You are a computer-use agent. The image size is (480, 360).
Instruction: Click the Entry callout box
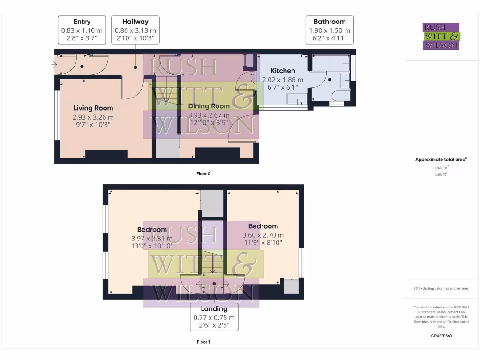click(82, 30)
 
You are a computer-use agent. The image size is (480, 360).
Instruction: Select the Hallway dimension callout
click(135, 30)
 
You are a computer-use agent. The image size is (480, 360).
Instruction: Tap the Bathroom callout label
click(330, 30)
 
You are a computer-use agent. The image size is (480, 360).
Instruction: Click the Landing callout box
click(214, 317)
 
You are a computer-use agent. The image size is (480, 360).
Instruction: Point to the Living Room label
click(93, 108)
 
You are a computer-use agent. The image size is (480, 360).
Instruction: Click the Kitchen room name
click(283, 71)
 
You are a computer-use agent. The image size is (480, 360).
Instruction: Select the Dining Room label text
click(209, 106)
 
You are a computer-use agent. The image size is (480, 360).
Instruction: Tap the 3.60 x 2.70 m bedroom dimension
click(263, 235)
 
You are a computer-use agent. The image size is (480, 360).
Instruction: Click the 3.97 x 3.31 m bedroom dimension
click(152, 239)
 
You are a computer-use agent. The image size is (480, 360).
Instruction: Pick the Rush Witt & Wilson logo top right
click(441, 37)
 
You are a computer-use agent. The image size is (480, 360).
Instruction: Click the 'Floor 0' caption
click(203, 173)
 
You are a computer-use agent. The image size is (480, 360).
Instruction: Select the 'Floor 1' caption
click(203, 342)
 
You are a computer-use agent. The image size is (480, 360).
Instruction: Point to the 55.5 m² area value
click(441, 167)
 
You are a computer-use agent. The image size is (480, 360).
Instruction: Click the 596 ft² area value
click(441, 174)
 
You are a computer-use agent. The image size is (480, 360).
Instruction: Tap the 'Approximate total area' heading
click(441, 160)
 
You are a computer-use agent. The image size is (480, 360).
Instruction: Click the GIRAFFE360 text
click(441, 336)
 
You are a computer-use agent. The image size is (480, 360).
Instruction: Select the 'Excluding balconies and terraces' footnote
click(441, 288)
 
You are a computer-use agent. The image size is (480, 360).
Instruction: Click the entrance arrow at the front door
click(54, 65)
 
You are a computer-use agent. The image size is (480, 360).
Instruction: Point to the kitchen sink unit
click(296, 98)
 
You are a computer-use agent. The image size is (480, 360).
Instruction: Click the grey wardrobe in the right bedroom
click(291, 286)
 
